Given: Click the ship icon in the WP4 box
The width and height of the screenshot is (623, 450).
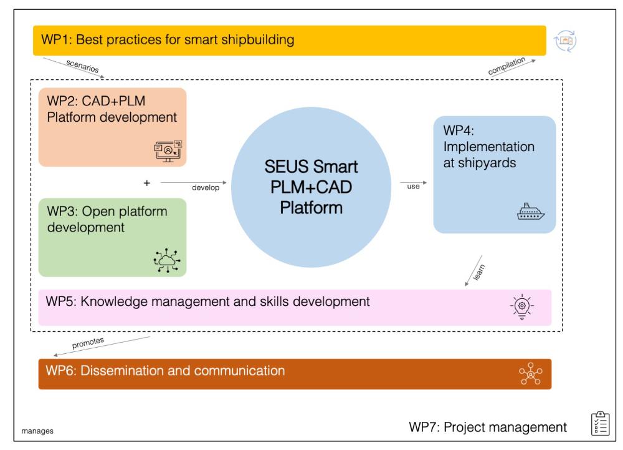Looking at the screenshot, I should tap(531, 212).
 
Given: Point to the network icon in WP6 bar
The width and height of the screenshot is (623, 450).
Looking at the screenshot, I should tap(531, 373).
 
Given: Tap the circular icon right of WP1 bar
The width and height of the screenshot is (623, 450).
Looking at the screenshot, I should tap(566, 41).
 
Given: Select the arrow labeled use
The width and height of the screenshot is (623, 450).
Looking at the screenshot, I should tap(413, 183).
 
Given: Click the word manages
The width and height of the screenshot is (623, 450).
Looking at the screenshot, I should tap(36, 430).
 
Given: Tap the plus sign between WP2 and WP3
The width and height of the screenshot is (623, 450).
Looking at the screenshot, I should tap(146, 183).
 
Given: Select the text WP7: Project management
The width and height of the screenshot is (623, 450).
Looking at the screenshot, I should tap(487, 427).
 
